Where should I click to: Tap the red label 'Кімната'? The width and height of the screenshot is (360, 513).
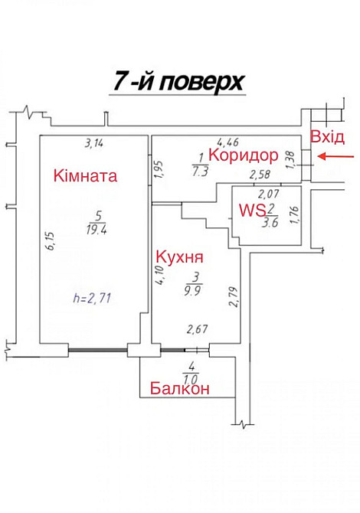[85, 177]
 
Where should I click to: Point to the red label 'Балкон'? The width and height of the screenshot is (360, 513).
[180, 388]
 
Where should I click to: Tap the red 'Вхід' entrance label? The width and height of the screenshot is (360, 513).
[327, 137]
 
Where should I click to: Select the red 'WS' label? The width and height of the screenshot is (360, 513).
[250, 209]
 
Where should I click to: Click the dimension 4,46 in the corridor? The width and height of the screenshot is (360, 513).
[227, 142]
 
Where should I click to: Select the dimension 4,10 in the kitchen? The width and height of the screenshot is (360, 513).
[160, 275]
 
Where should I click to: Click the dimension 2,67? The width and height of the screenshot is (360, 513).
[199, 330]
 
